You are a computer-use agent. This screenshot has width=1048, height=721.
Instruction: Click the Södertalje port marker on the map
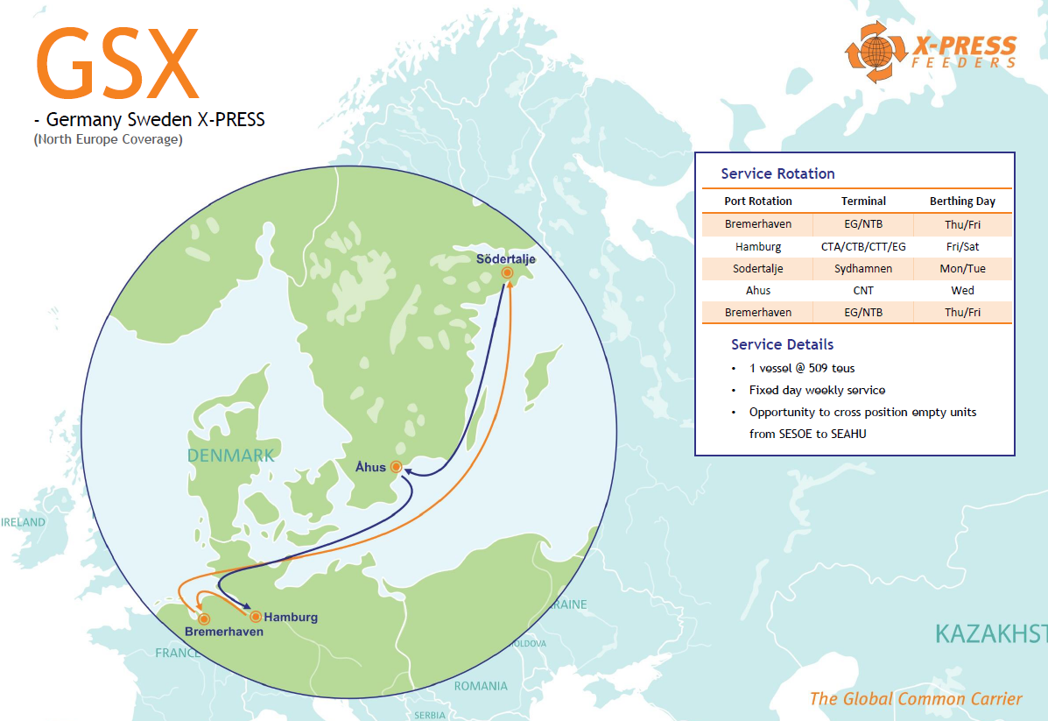click(x=507, y=273)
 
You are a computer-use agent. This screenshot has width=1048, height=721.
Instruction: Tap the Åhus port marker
click(x=396, y=467)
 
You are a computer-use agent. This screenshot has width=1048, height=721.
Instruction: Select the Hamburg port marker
click(x=256, y=617)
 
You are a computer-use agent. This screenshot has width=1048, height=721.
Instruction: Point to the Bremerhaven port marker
click(x=205, y=619)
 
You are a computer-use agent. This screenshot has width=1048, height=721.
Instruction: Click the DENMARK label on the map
click(x=230, y=456)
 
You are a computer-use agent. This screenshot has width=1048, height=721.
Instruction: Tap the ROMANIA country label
click(x=481, y=686)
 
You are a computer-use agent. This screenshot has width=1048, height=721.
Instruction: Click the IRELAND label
click(x=23, y=522)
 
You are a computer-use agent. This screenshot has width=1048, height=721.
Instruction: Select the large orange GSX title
click(x=117, y=64)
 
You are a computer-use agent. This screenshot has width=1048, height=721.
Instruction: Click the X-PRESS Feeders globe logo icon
click(x=873, y=52)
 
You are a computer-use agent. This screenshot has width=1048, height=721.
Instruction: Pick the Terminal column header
click(x=863, y=201)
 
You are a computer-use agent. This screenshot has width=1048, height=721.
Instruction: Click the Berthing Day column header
click(x=962, y=201)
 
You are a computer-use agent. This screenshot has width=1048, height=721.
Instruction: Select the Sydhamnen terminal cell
click(x=863, y=269)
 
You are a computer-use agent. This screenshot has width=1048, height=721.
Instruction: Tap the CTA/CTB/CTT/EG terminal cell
click(x=863, y=247)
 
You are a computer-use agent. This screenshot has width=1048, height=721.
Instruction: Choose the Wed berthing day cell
click(x=962, y=291)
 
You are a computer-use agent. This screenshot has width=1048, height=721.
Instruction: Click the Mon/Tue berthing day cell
click(x=962, y=269)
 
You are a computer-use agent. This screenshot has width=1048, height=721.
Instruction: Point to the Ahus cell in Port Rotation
click(x=758, y=291)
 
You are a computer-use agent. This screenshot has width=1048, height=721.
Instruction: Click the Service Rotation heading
click(x=777, y=173)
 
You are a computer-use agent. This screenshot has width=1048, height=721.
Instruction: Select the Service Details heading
click(x=782, y=344)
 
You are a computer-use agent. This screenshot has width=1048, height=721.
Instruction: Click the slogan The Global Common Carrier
click(x=916, y=698)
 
